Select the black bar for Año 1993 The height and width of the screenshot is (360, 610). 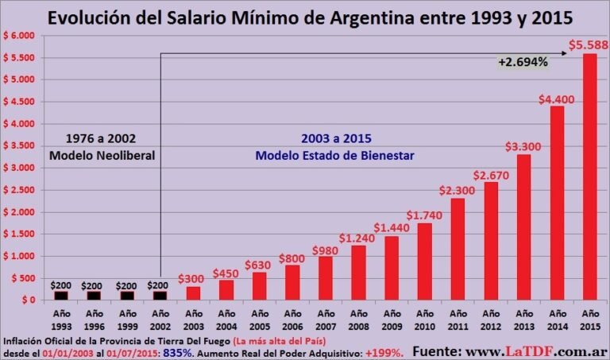61,296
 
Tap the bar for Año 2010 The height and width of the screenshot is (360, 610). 424,261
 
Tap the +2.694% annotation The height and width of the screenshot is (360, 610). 523,62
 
